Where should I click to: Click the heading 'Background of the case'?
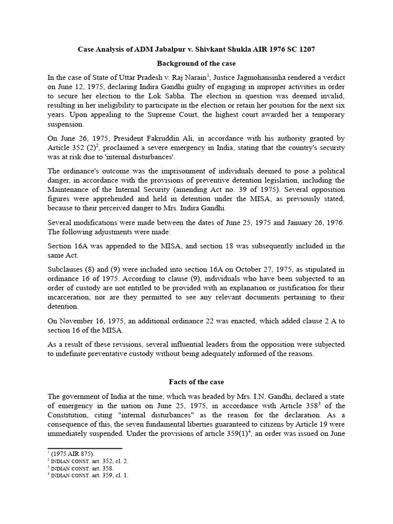coord(196,63)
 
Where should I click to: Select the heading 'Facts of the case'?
coord(196,382)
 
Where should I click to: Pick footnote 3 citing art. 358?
coord(78,468)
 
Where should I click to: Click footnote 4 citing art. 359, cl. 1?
coord(85,475)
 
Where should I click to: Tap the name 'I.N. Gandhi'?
coord(250,397)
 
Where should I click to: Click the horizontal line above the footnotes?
coord(77,448)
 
